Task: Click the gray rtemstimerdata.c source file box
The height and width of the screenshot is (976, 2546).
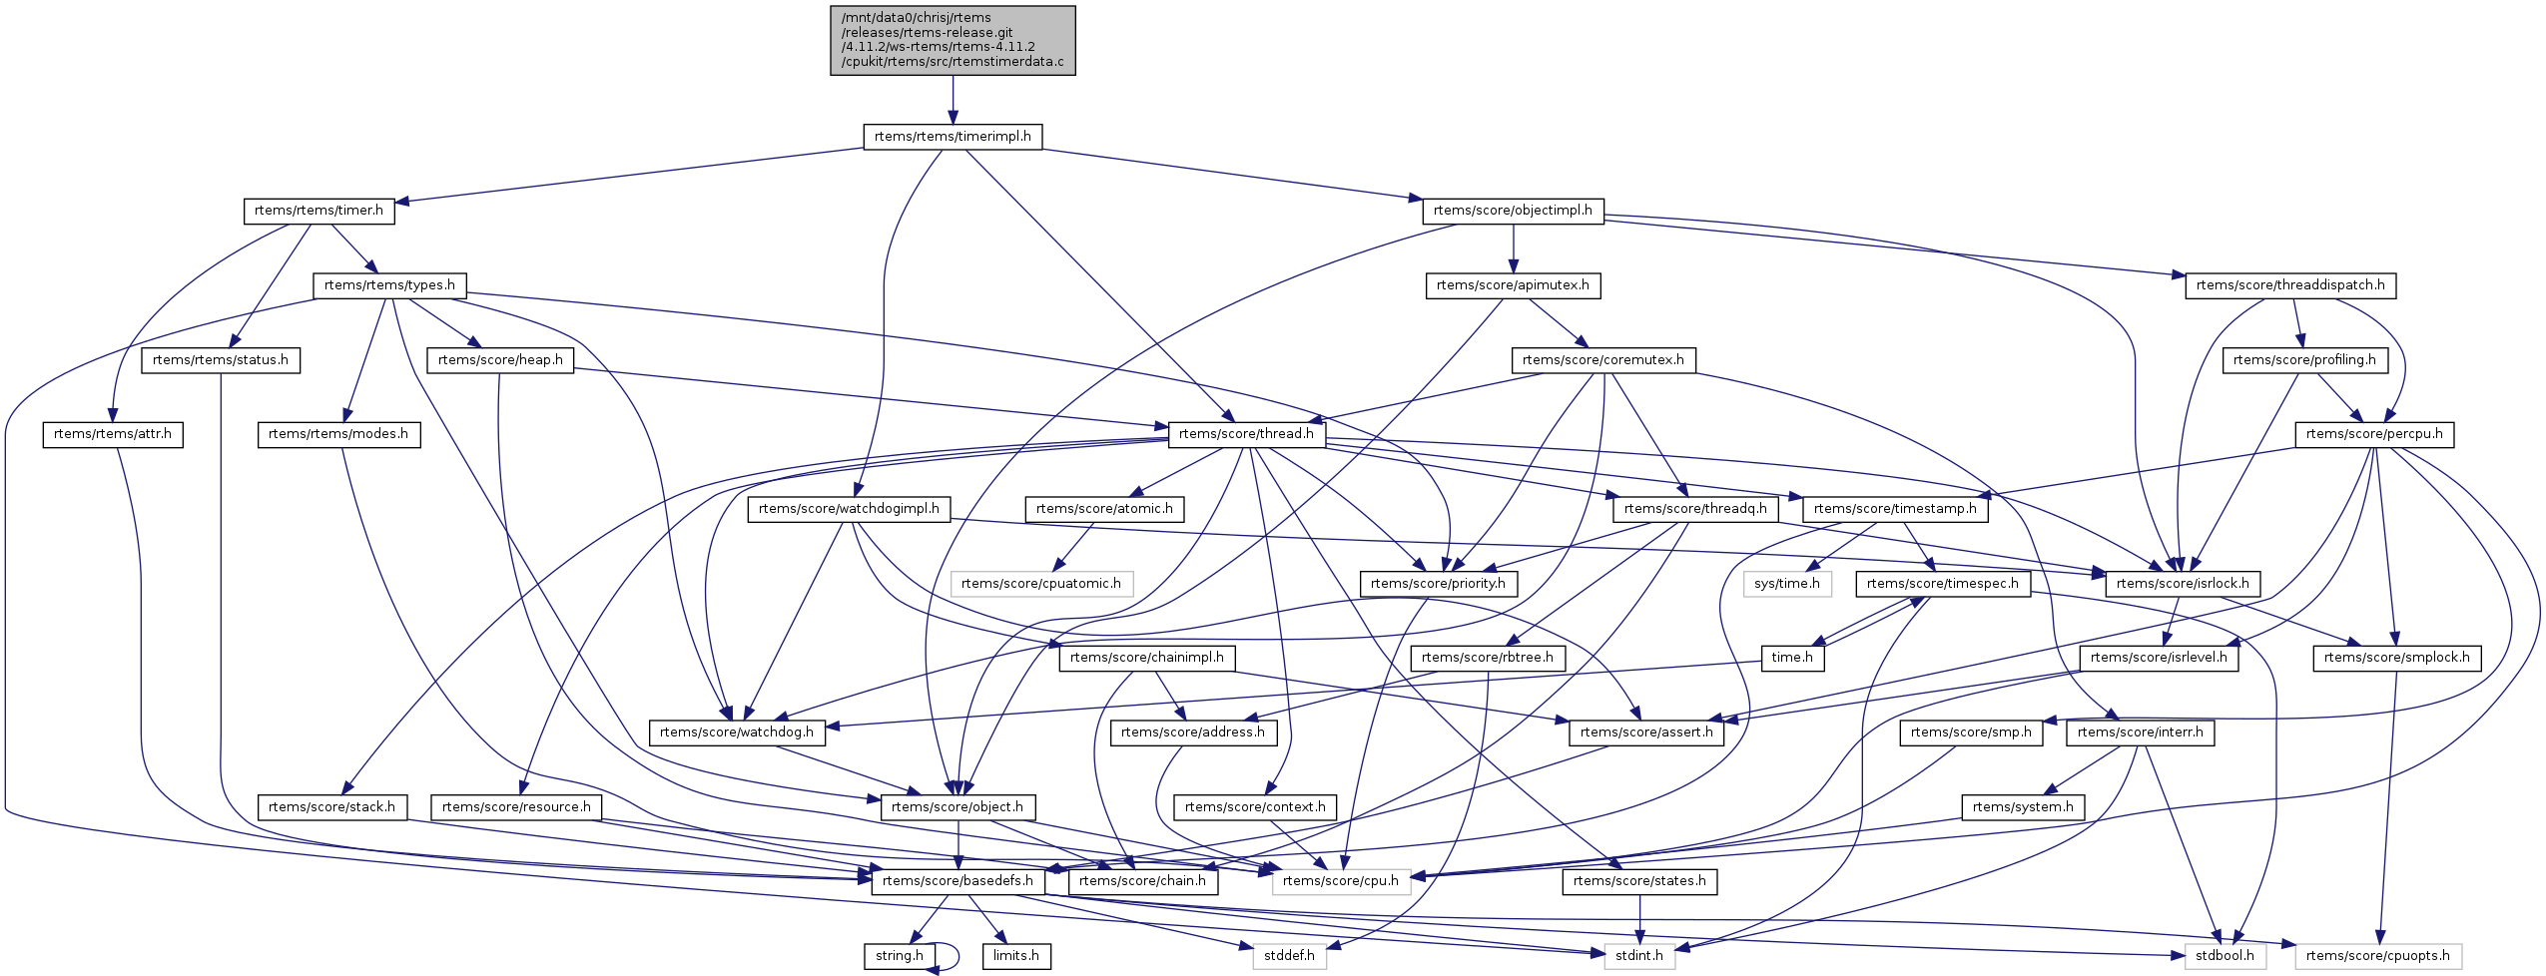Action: pos(953,40)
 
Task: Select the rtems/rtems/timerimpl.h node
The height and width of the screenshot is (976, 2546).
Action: pos(953,137)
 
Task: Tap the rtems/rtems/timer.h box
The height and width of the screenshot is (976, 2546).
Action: pos(318,212)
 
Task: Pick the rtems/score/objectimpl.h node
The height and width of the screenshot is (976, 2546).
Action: pos(1513,212)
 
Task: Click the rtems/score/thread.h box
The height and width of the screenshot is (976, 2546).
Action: pos(1246,434)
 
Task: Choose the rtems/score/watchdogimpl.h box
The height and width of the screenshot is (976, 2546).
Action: pos(849,509)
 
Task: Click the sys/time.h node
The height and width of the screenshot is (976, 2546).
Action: pos(1787,584)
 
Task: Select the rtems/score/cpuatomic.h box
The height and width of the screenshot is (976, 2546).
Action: pos(1041,584)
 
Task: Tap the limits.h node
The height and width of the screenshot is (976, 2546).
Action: pos(1016,956)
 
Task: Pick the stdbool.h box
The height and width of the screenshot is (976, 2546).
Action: pos(2226,956)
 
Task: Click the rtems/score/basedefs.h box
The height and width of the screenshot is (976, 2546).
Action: pos(957,881)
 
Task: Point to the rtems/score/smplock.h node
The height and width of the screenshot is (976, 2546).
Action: pos(2396,658)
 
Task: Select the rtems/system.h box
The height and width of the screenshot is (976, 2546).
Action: pos(2023,807)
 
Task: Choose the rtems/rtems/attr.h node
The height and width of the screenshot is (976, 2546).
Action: pos(113,434)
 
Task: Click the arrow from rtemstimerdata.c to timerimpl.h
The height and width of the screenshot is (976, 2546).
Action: pos(953,100)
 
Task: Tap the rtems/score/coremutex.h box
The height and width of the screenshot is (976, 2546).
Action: pos(1602,360)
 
